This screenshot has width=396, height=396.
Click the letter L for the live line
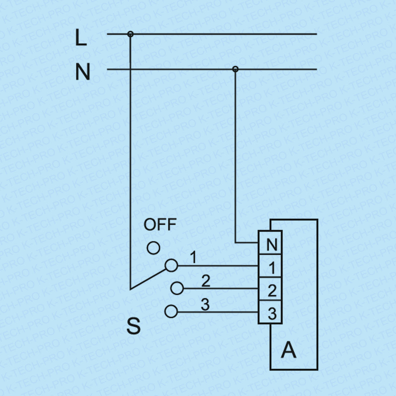tap(81, 38)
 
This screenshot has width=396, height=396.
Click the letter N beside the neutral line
tap(82, 72)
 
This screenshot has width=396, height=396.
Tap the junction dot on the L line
tap(130, 34)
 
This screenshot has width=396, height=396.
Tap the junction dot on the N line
tap(235, 69)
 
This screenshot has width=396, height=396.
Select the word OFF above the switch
tap(160, 225)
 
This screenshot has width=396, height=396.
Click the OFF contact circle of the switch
tap(154, 248)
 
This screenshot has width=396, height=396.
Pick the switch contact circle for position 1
tap(171, 266)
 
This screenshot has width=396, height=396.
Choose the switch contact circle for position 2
tap(177, 288)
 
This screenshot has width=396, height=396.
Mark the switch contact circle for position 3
tap(171, 311)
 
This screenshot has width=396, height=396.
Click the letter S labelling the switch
tap(133, 326)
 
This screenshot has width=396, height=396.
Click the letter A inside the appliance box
tap(288, 349)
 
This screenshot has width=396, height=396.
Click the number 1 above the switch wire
tap(193, 258)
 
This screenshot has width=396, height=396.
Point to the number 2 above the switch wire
tap(206, 281)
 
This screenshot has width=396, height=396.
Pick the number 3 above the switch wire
tap(205, 305)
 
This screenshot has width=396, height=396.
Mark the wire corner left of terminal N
tap(235, 242)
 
